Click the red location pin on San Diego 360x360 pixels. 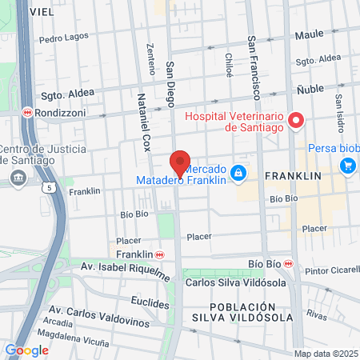click(x=180, y=164)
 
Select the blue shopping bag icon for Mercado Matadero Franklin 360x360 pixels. click(x=238, y=172)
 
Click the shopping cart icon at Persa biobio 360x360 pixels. click(x=347, y=166)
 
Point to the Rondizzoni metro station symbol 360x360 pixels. click(x=27, y=112)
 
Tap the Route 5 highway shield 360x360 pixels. click(x=50, y=187)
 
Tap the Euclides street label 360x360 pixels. click(x=150, y=304)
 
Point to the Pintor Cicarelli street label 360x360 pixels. click(x=333, y=271)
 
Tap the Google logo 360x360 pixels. click(x=26, y=350)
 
